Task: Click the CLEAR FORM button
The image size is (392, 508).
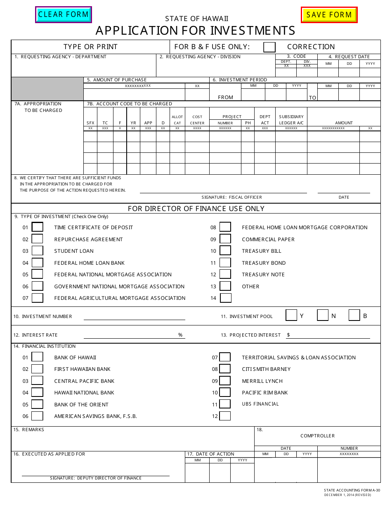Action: (x=64, y=15)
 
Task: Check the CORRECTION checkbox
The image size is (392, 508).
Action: (x=269, y=47)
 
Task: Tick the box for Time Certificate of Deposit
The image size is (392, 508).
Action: (x=38, y=227)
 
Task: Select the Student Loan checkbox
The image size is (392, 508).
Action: (x=38, y=251)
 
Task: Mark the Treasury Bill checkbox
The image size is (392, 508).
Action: (x=225, y=251)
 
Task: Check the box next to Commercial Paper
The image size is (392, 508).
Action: (x=225, y=239)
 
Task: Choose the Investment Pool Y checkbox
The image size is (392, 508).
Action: (x=291, y=316)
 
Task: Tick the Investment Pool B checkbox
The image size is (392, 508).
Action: (x=354, y=316)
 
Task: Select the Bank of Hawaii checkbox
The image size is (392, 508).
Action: (x=38, y=357)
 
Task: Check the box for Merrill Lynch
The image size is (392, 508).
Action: (x=225, y=381)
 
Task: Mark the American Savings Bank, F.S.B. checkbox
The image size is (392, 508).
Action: (x=38, y=416)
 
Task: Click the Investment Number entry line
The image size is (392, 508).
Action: (x=134, y=316)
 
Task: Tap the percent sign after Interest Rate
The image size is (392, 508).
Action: (x=180, y=335)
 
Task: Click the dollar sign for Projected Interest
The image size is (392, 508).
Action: (x=288, y=335)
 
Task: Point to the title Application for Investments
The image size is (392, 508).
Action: (x=196, y=31)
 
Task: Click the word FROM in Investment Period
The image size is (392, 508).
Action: (x=225, y=97)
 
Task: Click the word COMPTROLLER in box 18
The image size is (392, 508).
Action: (x=317, y=436)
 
